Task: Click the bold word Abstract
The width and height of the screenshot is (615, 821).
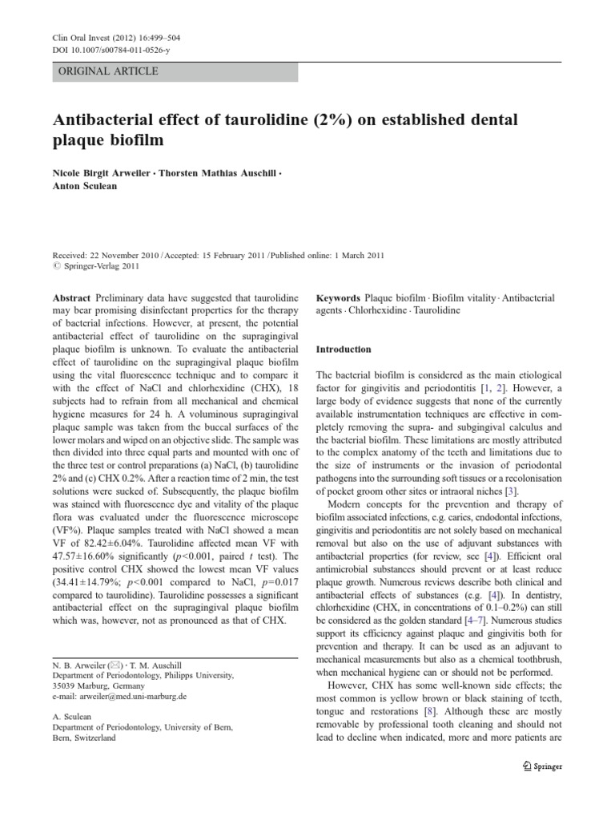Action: tap(70, 298)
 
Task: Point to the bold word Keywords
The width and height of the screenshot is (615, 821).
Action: tap(340, 298)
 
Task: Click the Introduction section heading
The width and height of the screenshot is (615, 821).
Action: tap(344, 350)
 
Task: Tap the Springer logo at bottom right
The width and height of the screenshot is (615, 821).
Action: tap(542, 766)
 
